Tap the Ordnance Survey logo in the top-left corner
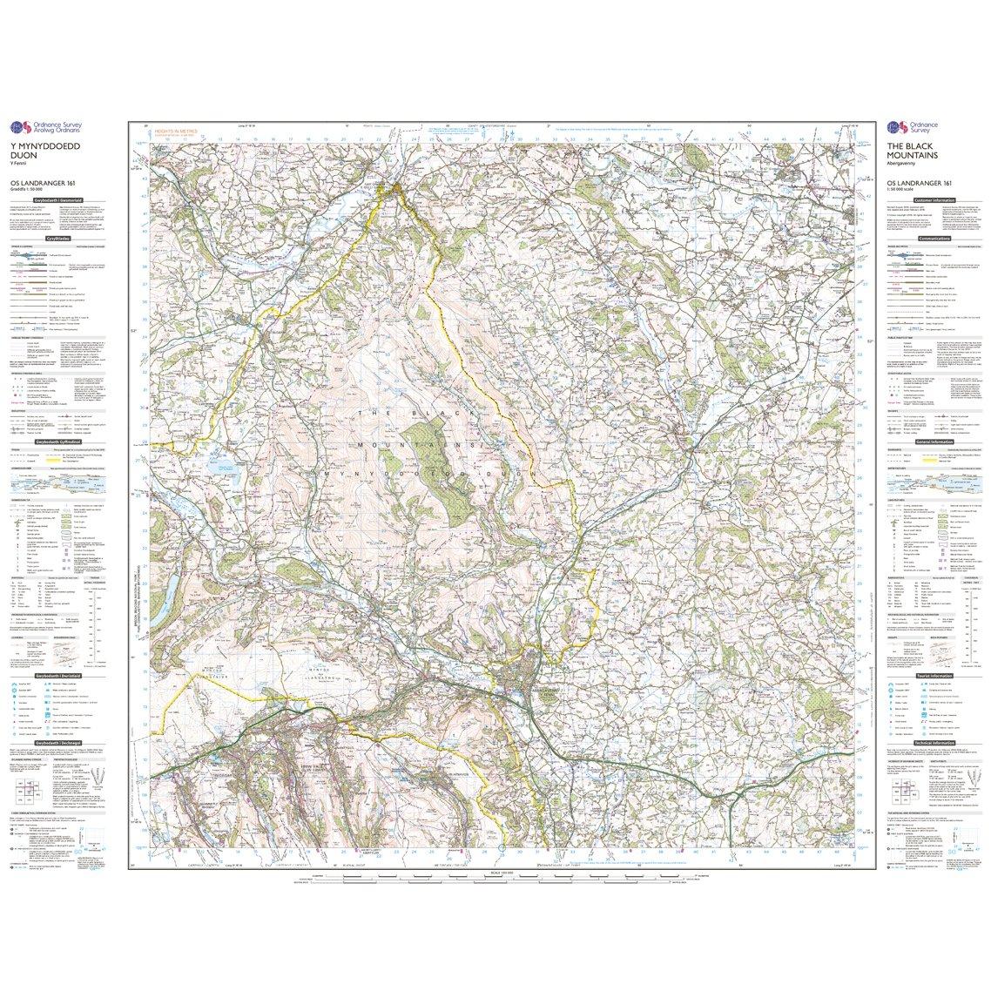point(52,125)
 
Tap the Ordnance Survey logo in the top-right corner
point(914,125)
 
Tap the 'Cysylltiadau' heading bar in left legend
point(61,236)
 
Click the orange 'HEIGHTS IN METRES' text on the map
point(175,131)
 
